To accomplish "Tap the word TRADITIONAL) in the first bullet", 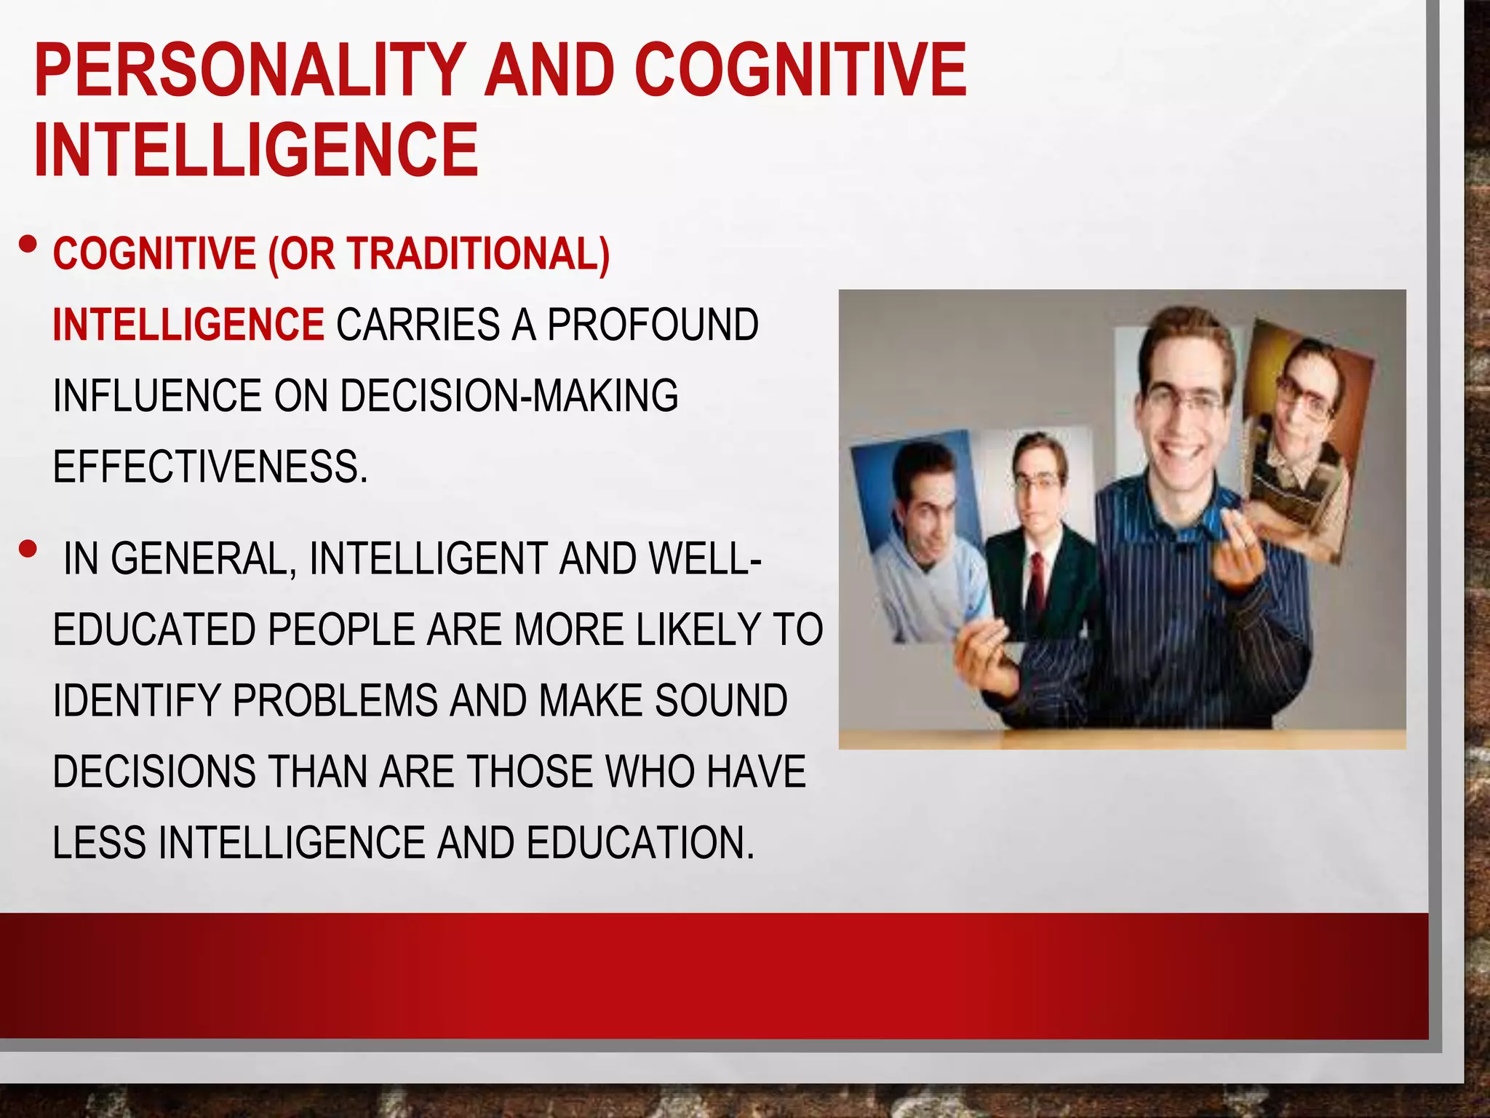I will pos(478,254).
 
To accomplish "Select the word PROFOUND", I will pos(653,325).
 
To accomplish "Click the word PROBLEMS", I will pos(335,700).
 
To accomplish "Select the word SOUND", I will pos(721,700).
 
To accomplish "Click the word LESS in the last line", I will pos(100,842).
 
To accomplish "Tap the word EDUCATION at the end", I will pos(640,842).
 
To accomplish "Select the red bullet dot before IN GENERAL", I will pos(28,550).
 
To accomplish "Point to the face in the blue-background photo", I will pos(925,502).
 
